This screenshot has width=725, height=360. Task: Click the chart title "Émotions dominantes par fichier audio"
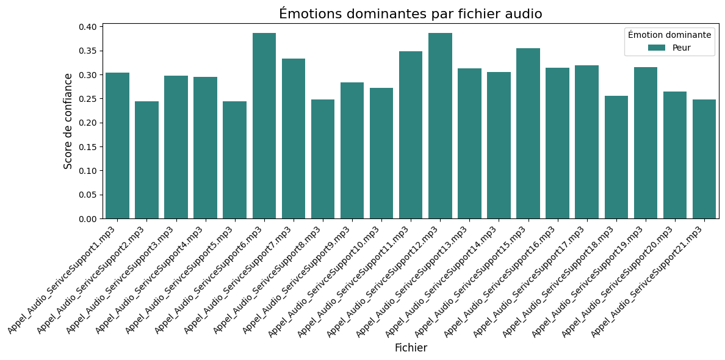tap(410, 14)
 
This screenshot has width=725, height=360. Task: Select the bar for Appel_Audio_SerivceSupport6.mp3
tap(264, 126)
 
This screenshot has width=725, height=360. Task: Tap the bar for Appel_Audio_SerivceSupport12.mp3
tap(440, 126)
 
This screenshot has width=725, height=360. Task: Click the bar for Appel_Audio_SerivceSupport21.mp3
tap(704, 159)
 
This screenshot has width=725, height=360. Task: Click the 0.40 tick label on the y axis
tap(88, 27)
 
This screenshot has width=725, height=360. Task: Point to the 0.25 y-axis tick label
tap(88, 99)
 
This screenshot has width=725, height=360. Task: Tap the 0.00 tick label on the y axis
tap(88, 218)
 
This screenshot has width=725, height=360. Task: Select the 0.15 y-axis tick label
tap(88, 146)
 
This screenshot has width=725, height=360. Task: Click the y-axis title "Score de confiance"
tap(68, 121)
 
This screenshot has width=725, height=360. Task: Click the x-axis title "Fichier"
tap(411, 348)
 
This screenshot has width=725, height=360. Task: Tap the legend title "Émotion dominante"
tap(669, 35)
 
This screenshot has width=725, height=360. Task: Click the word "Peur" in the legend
tap(682, 48)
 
